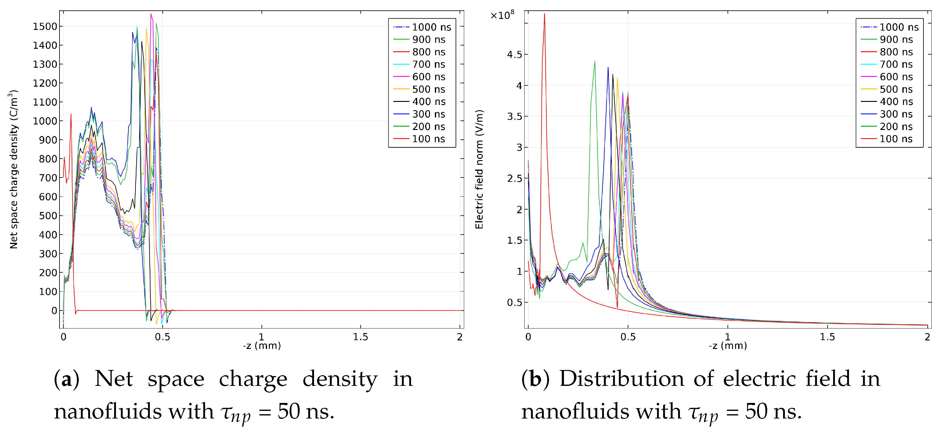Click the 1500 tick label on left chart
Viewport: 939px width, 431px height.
pyautogui.click(x=45, y=27)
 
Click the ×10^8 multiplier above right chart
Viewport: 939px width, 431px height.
pyautogui.click(x=502, y=15)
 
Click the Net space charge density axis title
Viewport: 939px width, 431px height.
pyautogui.click(x=13, y=169)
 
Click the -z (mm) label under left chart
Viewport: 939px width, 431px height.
pyautogui.click(x=262, y=345)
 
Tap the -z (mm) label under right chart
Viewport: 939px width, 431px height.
pyautogui.click(x=728, y=345)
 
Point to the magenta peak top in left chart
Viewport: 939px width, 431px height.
pyautogui.click(x=151, y=14)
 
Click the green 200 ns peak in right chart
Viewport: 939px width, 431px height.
pyautogui.click(x=594, y=62)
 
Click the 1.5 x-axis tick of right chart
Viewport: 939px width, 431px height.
pyautogui.click(x=827, y=337)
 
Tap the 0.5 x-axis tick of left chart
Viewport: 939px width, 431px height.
pyautogui.click(x=162, y=337)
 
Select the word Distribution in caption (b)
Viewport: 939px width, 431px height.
pyautogui.click(x=622, y=379)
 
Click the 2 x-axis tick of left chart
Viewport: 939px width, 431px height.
pyautogui.click(x=460, y=337)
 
